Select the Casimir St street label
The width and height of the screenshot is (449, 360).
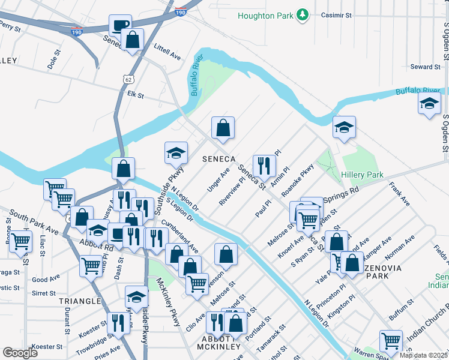pyautogui.click(x=340, y=14)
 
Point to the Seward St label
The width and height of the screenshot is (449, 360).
pyautogui.click(x=425, y=67)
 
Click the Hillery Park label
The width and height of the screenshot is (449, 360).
pyautogui.click(x=361, y=175)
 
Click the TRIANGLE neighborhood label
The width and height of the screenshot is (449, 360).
pyautogui.click(x=80, y=301)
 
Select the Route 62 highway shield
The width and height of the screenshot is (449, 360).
pyautogui.click(x=127, y=79)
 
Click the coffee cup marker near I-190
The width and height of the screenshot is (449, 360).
pyautogui.click(x=120, y=25)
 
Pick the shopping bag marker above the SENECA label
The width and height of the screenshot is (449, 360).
pyautogui.click(x=223, y=127)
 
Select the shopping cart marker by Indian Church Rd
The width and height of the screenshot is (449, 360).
pyautogui.click(x=391, y=340)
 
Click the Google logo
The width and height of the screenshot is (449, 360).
pyautogui.click(x=20, y=353)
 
